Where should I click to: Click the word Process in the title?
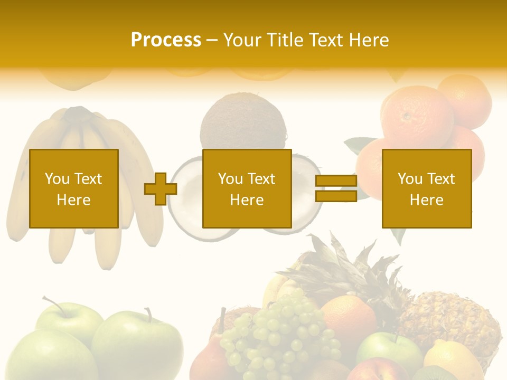click(166, 40)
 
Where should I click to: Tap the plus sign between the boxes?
click(161, 188)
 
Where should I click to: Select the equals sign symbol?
click(336, 188)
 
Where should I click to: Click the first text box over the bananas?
click(74, 188)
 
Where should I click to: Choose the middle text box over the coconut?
click(247, 188)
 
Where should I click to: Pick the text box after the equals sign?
click(427, 188)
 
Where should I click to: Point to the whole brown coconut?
click(243, 124)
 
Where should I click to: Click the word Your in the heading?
click(241, 40)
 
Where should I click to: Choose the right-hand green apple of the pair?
click(138, 343)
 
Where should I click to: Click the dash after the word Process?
click(212, 40)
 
